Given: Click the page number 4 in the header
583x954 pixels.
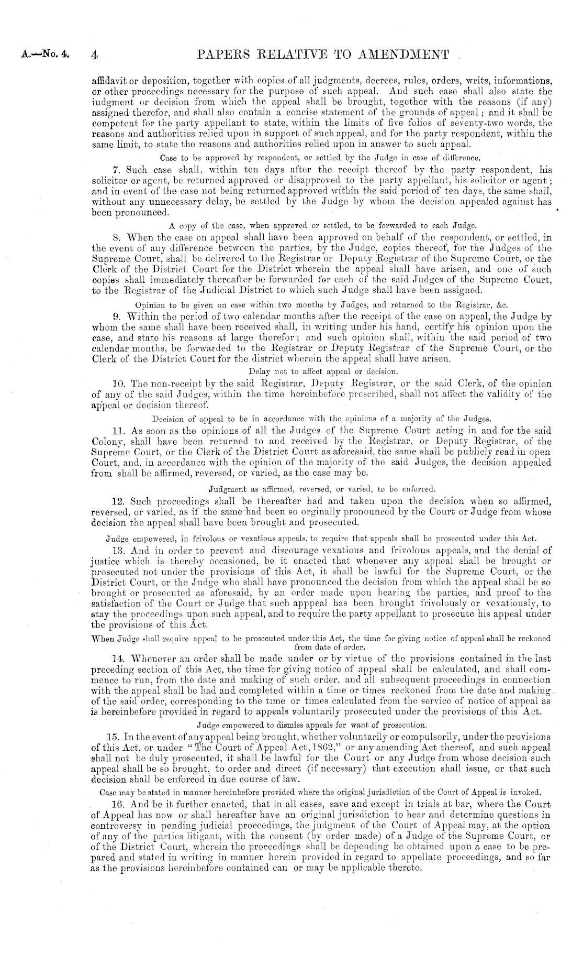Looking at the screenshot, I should pyautogui.click(x=94, y=54).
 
